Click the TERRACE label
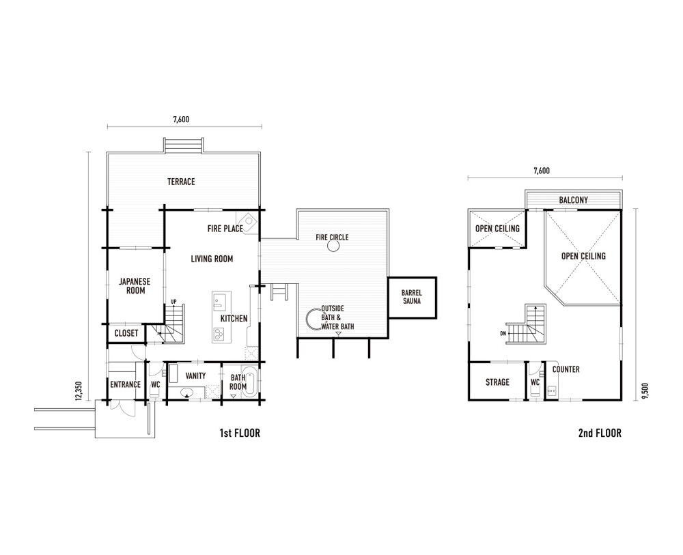tap(181, 182)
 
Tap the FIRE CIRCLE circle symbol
tap(333, 246)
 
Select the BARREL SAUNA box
tap(412, 298)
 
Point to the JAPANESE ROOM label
tap(135, 286)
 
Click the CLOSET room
tap(126, 333)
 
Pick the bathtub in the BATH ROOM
tap(249, 382)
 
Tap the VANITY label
tap(195, 375)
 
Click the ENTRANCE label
tap(126, 384)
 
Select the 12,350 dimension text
tap(79, 390)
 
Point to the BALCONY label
tap(574, 200)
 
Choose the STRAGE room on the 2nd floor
tap(497, 381)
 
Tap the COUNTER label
tap(566, 369)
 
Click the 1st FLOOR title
tap(240, 433)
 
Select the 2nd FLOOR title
tap(600, 433)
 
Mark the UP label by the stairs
tap(173, 301)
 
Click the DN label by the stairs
tap(503, 334)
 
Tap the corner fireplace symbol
tap(247, 222)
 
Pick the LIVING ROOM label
tap(212, 259)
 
